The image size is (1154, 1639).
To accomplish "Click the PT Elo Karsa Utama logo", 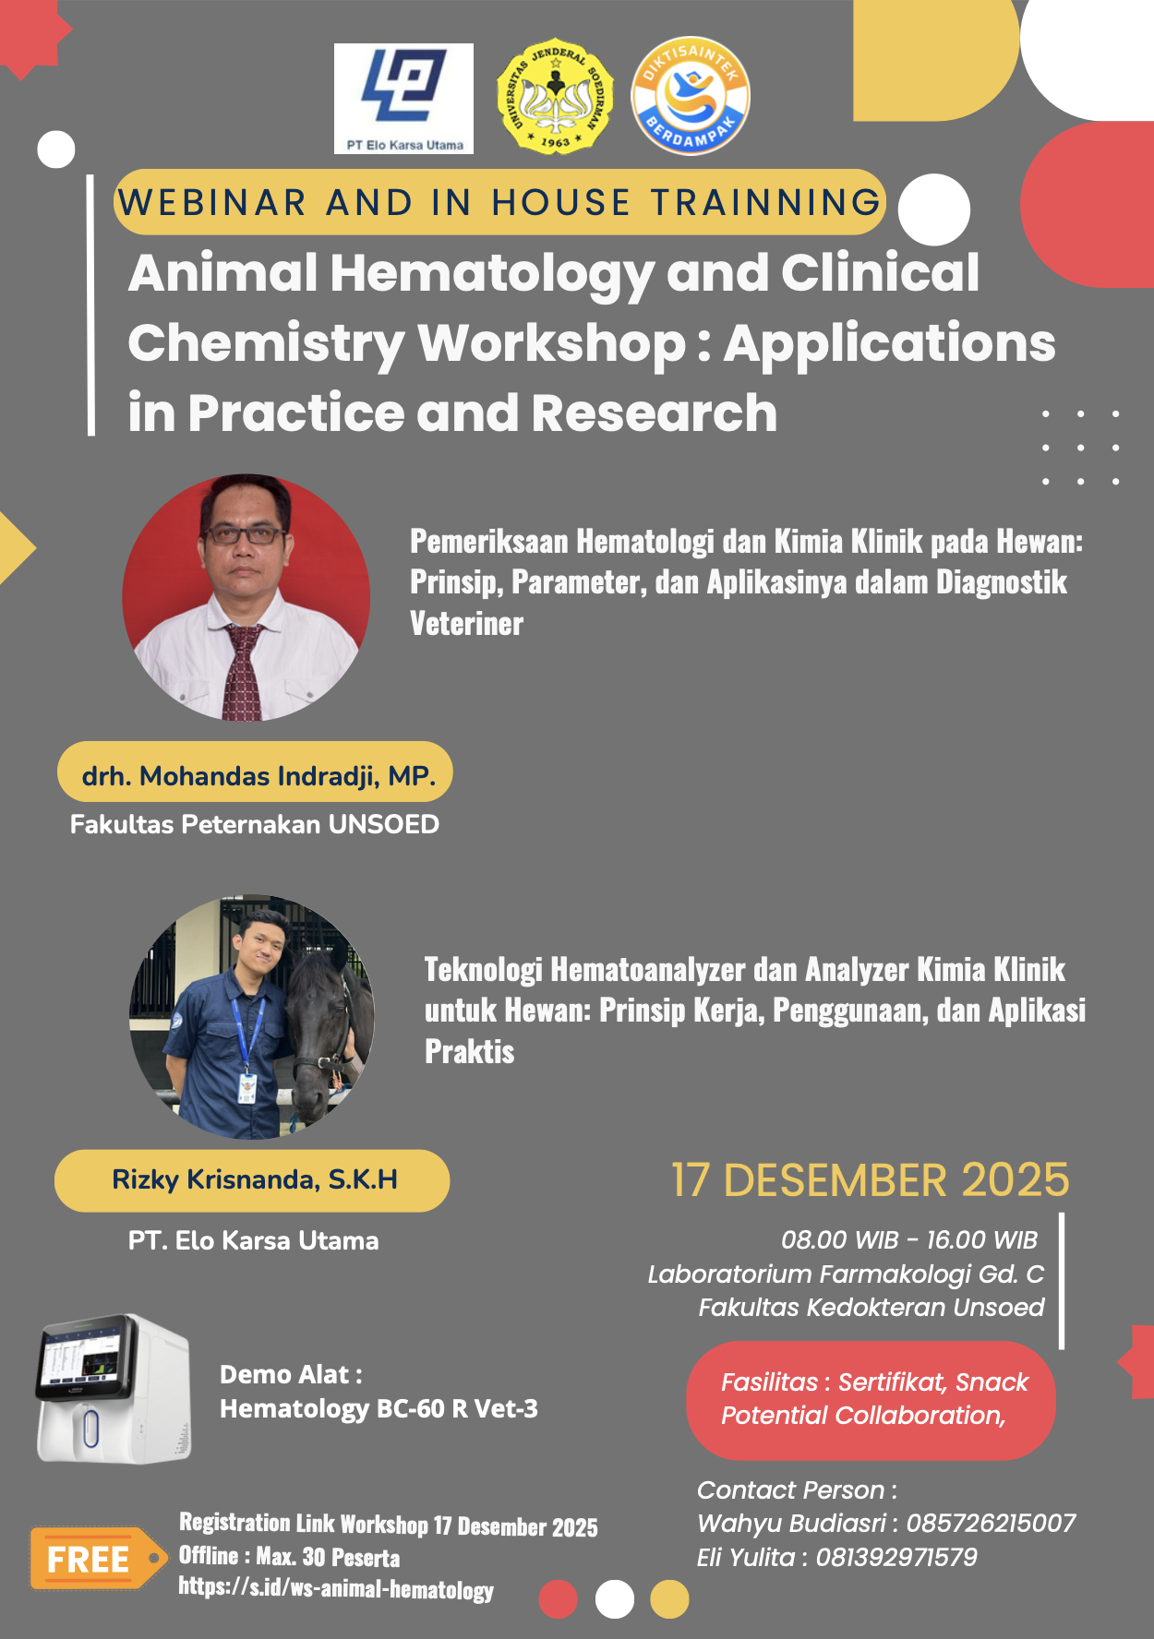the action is pos(403,99).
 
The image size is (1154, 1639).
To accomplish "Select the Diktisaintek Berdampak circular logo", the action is pos(691,96).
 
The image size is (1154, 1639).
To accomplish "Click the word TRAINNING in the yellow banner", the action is pos(766,202).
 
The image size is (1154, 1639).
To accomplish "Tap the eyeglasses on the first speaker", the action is pos(244,533).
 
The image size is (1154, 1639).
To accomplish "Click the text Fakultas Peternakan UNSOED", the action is pos(255,824).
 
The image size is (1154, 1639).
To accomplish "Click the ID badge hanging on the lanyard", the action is pos(246,1087).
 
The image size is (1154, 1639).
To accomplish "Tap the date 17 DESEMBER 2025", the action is pos(871,1180).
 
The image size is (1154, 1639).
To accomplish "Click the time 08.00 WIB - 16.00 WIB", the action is pos(909,1239).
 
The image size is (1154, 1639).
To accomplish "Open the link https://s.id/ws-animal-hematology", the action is pos(336,1589).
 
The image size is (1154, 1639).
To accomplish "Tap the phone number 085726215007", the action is pos(991,1523).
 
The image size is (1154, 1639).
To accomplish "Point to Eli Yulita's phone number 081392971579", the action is pos(896,1558).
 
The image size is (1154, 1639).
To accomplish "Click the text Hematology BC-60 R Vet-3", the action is pos(379,1408).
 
